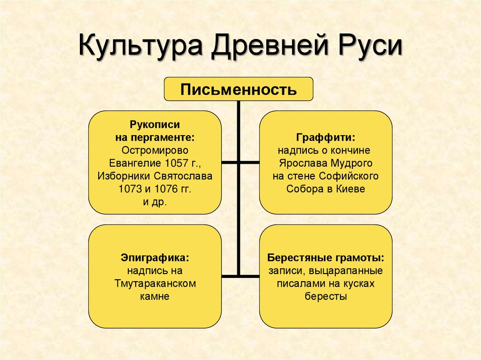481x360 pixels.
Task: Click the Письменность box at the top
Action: pos(238,89)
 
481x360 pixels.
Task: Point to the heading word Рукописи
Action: pos(155,125)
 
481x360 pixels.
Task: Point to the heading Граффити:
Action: pos(326,138)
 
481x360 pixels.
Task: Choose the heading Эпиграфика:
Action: pos(155,258)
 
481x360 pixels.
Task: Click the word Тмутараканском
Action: pos(155,283)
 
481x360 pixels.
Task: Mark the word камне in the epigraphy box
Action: pos(155,296)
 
